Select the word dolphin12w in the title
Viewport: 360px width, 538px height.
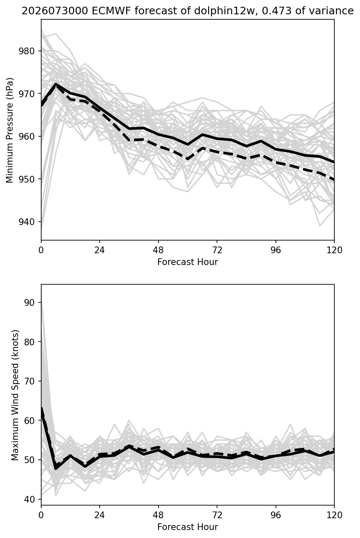[224, 11]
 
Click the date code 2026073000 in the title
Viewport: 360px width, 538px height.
[55, 11]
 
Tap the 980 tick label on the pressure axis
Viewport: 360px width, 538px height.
[26, 51]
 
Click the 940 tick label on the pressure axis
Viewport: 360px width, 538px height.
[26, 222]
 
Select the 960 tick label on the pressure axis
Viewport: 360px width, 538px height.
[26, 136]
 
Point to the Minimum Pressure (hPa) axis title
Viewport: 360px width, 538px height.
[10, 130]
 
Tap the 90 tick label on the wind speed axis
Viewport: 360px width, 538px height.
[29, 302]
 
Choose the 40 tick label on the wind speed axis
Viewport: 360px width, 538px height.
[29, 499]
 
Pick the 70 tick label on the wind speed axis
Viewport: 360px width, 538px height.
[29, 381]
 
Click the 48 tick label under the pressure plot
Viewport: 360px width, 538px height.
[158, 250]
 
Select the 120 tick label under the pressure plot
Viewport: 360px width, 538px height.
[334, 250]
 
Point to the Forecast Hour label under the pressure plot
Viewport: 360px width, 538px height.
[188, 262]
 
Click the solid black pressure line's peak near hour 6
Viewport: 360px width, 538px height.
[56, 84]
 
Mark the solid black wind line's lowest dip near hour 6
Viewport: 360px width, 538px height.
[56, 468]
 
